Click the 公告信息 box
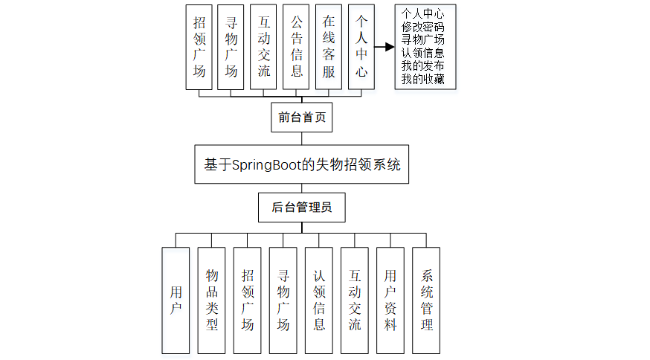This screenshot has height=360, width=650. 297,47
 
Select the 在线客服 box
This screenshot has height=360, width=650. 329,47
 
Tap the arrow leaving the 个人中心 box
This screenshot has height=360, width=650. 384,47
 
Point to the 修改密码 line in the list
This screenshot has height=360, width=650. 422,27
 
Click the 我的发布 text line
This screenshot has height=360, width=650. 422,66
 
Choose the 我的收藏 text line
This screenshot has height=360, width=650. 422,79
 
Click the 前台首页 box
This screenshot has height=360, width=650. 301,118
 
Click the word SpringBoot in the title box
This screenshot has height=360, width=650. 266,165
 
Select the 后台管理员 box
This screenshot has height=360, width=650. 301,208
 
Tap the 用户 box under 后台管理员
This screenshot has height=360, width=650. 176,300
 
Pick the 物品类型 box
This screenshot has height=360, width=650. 211,300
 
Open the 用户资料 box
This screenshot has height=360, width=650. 390,300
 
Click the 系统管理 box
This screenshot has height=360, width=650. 426,300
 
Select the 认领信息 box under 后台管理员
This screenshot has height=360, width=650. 319,300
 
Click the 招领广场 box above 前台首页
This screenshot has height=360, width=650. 199,47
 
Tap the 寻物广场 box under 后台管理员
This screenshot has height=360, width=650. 283,300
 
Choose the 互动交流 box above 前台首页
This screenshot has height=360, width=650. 264,47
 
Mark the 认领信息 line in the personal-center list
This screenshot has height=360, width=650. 422,53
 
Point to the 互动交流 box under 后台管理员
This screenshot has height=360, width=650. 355,300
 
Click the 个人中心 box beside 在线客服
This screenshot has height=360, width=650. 361,47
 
